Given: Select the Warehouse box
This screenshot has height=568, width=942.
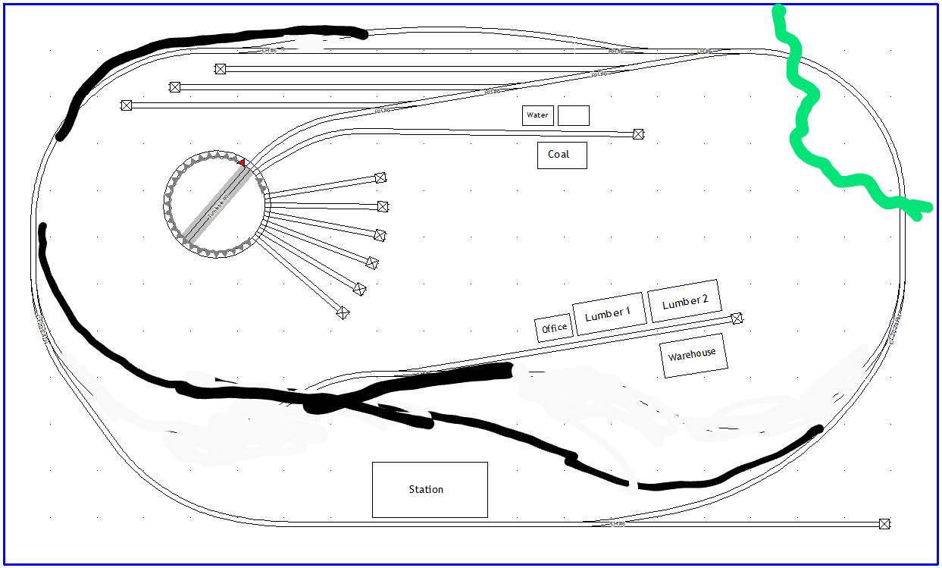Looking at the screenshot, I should [x=693, y=355].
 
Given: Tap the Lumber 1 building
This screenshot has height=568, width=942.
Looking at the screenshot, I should [x=608, y=313].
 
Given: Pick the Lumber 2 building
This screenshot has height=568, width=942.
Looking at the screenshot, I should [x=685, y=302].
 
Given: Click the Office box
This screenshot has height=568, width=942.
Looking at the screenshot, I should [x=554, y=328].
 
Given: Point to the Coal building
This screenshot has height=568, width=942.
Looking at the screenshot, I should [x=562, y=155].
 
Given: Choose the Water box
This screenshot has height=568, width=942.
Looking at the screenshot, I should [x=537, y=115].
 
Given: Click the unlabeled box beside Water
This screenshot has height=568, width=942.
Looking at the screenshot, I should [x=574, y=115].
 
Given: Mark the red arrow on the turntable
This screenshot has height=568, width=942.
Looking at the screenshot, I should [x=241, y=162].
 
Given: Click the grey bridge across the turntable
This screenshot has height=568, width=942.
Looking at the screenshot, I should [x=217, y=204].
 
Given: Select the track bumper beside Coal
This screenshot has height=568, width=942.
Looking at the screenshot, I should [x=638, y=134].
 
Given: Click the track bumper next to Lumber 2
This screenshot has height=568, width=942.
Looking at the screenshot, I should [x=737, y=319].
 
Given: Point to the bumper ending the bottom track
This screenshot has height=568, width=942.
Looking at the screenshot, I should [x=884, y=523].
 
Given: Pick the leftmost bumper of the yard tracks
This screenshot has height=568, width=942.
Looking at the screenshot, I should [x=127, y=105].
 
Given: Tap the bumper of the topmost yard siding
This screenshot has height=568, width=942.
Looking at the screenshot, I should [x=221, y=69].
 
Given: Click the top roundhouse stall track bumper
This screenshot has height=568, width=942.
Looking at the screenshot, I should [x=380, y=178].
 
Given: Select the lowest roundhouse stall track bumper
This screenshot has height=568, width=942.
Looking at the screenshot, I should [x=343, y=312].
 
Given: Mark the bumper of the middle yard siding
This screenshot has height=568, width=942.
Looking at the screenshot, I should [x=175, y=87].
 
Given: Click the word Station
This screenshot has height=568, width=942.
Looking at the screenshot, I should [x=426, y=490].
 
